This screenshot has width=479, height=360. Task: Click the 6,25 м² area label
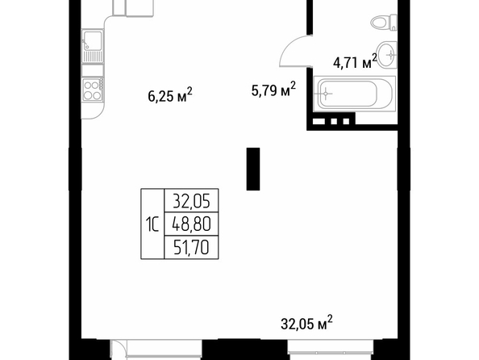pyautogui.click(x=170, y=94)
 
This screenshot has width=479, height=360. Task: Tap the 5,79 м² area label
pyautogui.click(x=273, y=89)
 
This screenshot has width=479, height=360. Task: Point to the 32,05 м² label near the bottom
pyautogui.click(x=306, y=323)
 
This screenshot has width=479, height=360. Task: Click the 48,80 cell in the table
pyautogui.click(x=192, y=224)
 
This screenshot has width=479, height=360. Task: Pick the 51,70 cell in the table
pyautogui.click(x=192, y=248)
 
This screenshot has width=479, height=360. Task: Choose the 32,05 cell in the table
pyautogui.click(x=192, y=201)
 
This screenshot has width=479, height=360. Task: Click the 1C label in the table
pyautogui.click(x=152, y=224)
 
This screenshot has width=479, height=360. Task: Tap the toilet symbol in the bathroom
pyautogui.click(x=384, y=23)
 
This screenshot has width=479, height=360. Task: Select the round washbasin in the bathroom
pyautogui.click(x=386, y=54)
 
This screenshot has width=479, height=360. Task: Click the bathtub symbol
pyautogui.click(x=355, y=94)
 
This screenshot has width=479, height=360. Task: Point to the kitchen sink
pyautogui.click(x=93, y=46)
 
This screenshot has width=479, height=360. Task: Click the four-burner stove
pyautogui.click(x=93, y=90)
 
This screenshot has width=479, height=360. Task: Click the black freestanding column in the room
pyautogui.click(x=253, y=169)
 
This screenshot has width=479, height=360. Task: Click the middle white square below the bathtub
pyautogui.click(x=334, y=121)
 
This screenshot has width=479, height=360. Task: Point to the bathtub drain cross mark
pyautogui.click(x=326, y=93)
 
